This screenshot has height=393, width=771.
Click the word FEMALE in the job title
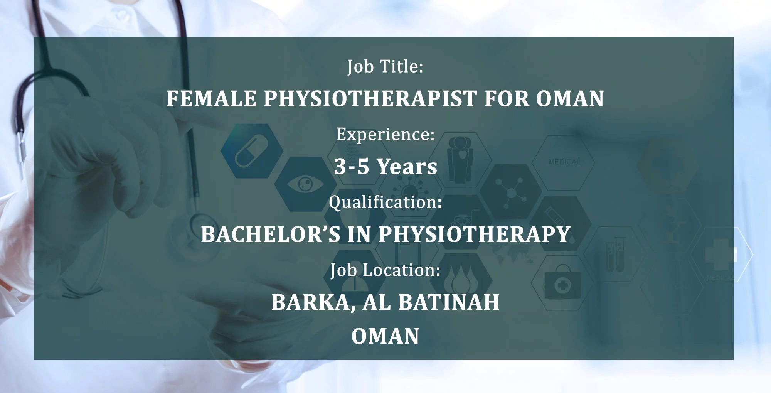point(212,98)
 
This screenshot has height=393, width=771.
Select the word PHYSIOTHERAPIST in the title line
point(370,98)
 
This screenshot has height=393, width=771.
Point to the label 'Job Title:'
point(385,66)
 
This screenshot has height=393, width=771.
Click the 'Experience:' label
point(385,135)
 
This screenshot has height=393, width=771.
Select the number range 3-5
point(352,166)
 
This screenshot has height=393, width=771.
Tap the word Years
point(407,166)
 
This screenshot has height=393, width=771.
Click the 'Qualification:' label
point(385,202)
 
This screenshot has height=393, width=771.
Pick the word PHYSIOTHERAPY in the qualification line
point(474,234)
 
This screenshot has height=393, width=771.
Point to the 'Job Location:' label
point(385,270)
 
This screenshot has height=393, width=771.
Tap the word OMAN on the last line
point(385,336)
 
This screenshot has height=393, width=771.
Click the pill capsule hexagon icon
point(252,150)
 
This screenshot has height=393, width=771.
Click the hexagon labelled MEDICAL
point(564,162)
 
